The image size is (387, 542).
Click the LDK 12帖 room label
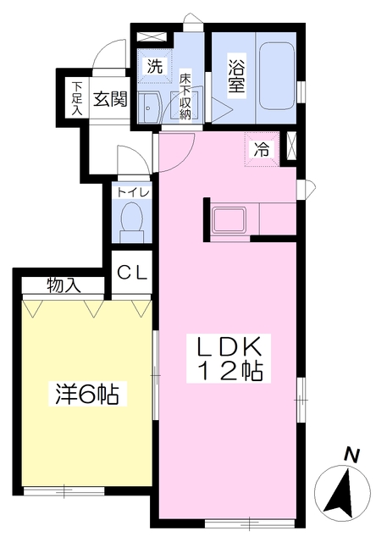point(229,358)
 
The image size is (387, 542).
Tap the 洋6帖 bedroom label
point(88,394)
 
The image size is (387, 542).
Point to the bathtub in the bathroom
point(276,76)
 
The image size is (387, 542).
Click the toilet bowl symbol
point(131,220)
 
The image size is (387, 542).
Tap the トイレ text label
point(133,191)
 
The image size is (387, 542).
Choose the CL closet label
point(132,273)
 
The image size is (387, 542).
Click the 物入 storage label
point(64,286)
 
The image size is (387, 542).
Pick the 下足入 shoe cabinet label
point(77,99)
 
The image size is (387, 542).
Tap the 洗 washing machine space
point(155,66)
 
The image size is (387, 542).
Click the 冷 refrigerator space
point(262,150)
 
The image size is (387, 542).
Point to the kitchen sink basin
point(229,220)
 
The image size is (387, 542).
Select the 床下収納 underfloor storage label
point(185,97)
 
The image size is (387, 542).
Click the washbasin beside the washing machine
point(148,108)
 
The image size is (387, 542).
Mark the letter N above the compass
point(351,455)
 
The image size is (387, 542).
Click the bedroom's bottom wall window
point(64,491)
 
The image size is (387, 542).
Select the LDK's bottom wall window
point(250,523)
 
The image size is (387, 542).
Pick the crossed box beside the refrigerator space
point(292,146)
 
